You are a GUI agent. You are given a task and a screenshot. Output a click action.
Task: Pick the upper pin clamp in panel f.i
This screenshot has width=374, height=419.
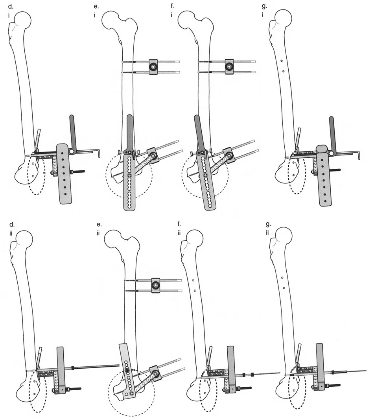[x=229, y=67]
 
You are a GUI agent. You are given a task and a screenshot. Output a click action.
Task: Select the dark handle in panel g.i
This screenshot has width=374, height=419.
[x=332, y=135]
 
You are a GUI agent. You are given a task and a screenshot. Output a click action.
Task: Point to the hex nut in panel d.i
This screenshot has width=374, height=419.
[x=72, y=151]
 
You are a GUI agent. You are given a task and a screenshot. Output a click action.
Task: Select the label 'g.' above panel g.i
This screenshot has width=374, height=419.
[x=264, y=6]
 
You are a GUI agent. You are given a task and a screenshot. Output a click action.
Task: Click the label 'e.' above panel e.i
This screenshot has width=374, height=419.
[x=96, y=6]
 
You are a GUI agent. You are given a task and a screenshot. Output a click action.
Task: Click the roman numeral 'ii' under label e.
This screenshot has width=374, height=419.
[x=98, y=233]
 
